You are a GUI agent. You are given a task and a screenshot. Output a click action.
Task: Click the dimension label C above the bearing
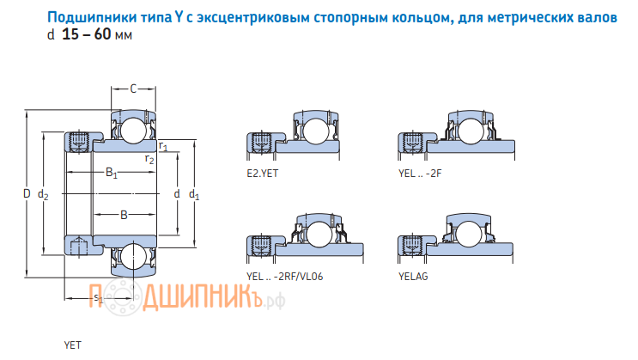(x=133, y=88)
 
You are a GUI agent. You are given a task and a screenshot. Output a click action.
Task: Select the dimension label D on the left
(x=27, y=195)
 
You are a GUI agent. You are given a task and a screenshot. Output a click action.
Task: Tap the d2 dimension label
(x=44, y=196)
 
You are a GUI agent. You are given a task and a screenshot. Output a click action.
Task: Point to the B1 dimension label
(x=112, y=173)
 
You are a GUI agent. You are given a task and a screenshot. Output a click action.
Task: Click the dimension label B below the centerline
(x=124, y=215)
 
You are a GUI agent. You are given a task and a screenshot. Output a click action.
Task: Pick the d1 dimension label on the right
(x=194, y=195)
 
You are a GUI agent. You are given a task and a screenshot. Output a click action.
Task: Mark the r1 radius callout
(x=163, y=148)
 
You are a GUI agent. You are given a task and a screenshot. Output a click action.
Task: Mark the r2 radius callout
(x=149, y=159)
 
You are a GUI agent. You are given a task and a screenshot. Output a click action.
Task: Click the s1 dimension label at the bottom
(x=97, y=298)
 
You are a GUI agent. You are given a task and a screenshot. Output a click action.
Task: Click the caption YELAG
(x=413, y=276)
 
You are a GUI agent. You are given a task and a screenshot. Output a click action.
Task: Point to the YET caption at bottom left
(x=72, y=345)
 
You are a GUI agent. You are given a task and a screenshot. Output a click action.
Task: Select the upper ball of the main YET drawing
(x=132, y=131)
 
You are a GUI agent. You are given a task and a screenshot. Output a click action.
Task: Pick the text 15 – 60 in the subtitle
(x=86, y=36)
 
